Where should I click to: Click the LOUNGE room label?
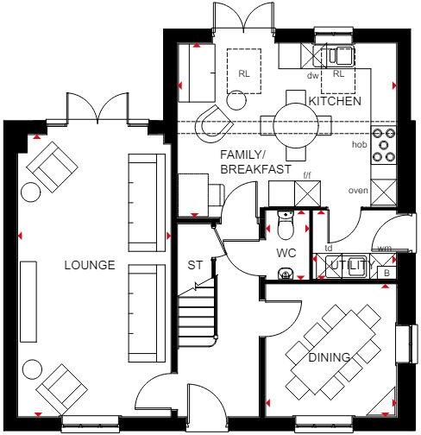click(89, 265)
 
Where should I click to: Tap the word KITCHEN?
click(334, 102)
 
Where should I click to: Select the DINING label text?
click(330, 356)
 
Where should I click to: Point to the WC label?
click(286, 254)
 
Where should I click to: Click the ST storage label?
click(195, 265)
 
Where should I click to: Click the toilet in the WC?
click(287, 227)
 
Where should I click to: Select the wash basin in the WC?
click(286, 274)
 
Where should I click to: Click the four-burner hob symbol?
click(383, 146)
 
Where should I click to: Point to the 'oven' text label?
click(358, 190)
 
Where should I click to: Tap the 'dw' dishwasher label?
click(313, 76)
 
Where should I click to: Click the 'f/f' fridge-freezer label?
click(306, 176)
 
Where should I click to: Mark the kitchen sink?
click(338, 54)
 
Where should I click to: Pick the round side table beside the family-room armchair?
click(234, 100)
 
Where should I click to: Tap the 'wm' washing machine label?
click(384, 248)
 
